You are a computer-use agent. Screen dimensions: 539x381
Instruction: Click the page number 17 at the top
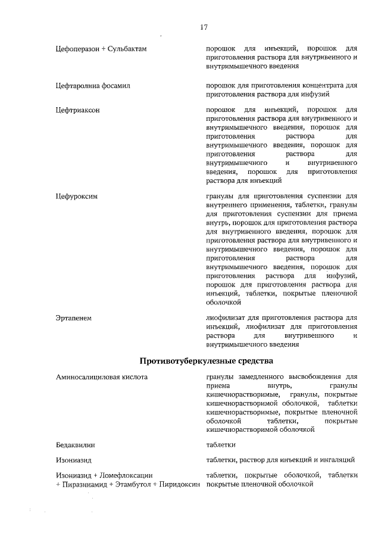coord(204,27)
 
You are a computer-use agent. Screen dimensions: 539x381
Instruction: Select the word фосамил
coord(115,86)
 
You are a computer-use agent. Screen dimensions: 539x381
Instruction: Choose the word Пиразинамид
coord(82,484)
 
